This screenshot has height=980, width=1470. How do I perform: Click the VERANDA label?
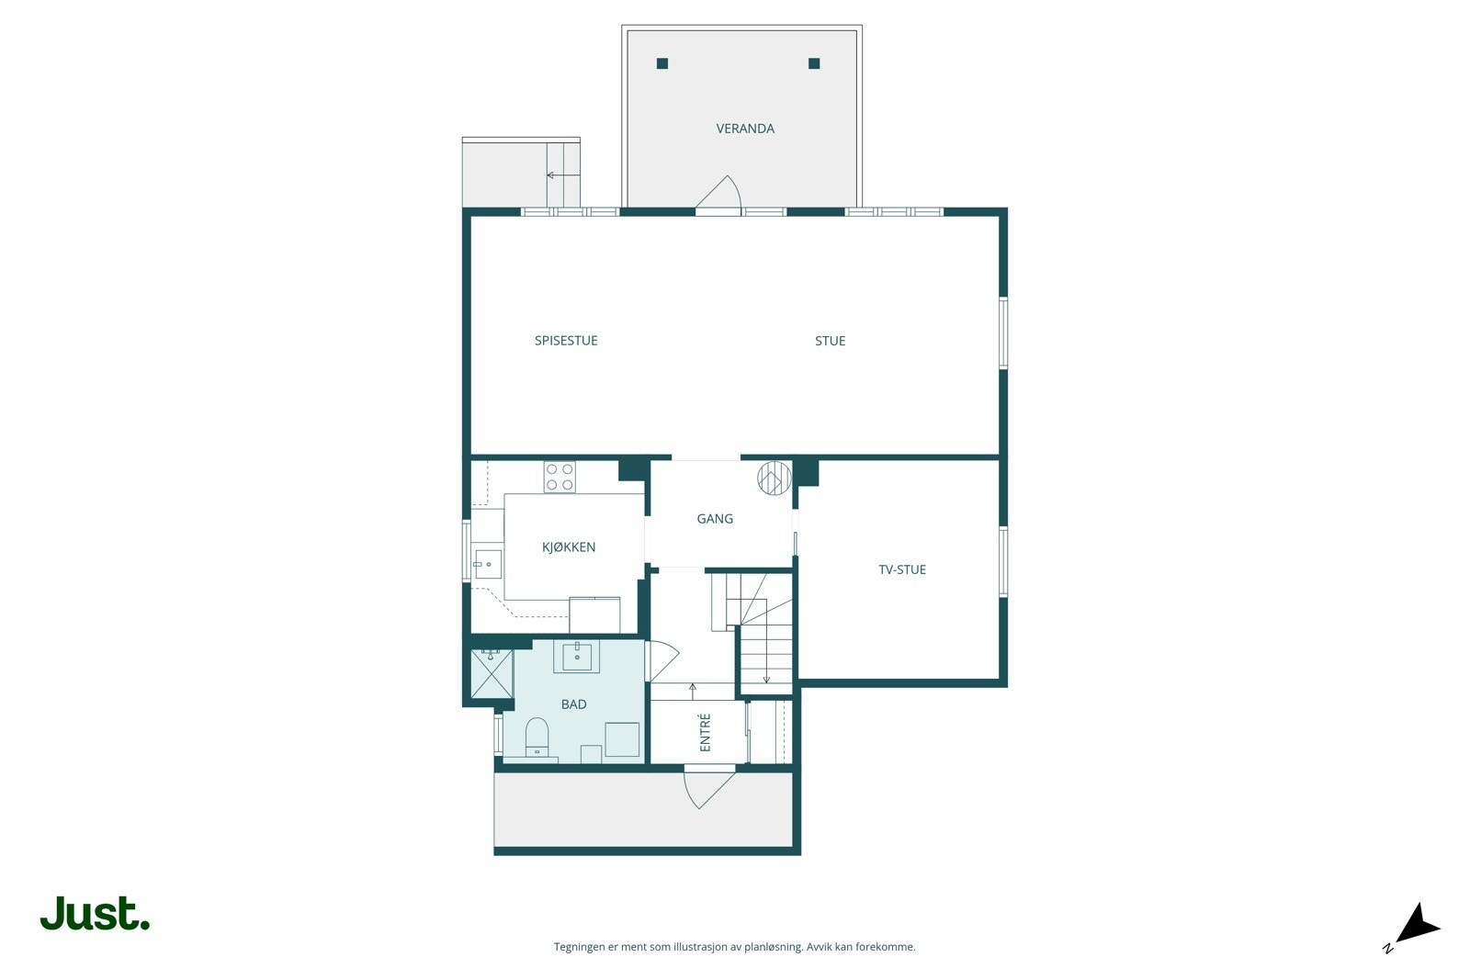tap(745, 129)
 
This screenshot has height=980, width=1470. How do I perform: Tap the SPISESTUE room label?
tap(566, 341)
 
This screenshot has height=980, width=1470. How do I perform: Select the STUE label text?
tap(831, 341)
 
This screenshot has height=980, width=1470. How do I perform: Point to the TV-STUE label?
tap(902, 569)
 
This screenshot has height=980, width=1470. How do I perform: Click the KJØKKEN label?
tap(569, 546)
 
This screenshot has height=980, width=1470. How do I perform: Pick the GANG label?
tap(715, 519)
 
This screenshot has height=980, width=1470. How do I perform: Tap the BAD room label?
tap(573, 704)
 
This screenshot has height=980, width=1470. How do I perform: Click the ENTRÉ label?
tap(705, 732)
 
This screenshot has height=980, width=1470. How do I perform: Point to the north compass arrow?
tap(1416, 926)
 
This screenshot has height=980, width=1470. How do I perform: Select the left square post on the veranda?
tap(662, 63)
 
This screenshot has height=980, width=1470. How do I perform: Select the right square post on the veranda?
tap(814, 63)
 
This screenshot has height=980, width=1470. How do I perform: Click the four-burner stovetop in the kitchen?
tap(560, 477)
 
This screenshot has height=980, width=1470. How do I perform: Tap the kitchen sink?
tap(488, 564)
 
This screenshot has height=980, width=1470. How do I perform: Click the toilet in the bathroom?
tap(537, 738)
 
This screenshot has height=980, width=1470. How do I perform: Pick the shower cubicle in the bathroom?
tap(492, 673)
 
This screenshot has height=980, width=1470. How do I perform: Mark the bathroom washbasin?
tap(577, 657)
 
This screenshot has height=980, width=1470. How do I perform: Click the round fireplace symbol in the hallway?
tap(775, 479)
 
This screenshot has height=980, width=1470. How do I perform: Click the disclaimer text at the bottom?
tap(734, 947)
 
